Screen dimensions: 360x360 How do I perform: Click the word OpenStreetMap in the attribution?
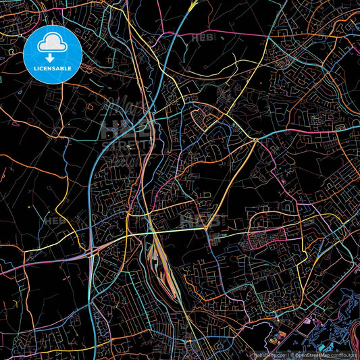[x=317, y=355]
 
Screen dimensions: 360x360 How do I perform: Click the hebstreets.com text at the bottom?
[x=269, y=355]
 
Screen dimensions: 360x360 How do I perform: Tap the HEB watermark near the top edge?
[x=203, y=38]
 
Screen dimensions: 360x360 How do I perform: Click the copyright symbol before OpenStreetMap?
[x=292, y=355]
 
